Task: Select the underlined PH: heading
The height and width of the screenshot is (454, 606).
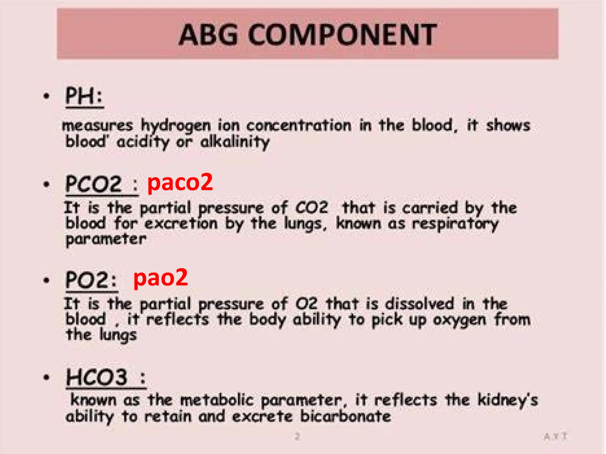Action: tap(84, 96)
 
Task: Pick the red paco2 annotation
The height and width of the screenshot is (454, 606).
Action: tap(180, 182)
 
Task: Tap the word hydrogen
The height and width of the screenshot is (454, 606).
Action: tap(176, 126)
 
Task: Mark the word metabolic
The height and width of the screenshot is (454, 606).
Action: tap(217, 400)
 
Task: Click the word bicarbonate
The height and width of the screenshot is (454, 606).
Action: tap(346, 416)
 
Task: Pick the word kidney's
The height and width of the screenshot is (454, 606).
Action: tap(508, 400)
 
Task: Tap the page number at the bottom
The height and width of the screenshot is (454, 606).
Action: tap(297, 436)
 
